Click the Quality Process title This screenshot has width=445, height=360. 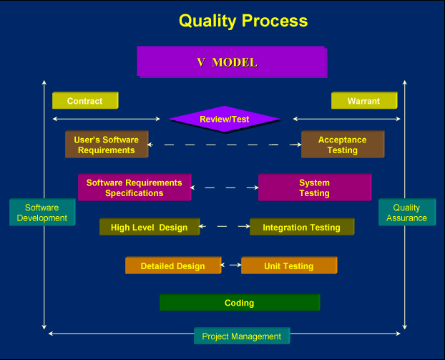pyautogui.click(x=243, y=21)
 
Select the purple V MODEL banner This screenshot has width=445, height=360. pyautogui.click(x=232, y=62)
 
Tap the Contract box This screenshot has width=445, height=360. pyautogui.click(x=85, y=100)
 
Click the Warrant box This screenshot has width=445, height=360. pyautogui.click(x=364, y=100)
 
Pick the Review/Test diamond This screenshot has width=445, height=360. pyautogui.click(x=225, y=119)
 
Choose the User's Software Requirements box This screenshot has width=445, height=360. pyautogui.click(x=107, y=145)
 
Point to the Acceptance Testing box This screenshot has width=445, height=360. pyautogui.click(x=343, y=145)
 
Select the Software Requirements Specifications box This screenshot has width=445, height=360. pyautogui.click(x=135, y=188)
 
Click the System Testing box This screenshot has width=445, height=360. pyautogui.click(x=315, y=188)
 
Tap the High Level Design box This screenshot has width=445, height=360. pyautogui.click(x=150, y=227)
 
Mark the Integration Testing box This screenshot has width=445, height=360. pyautogui.click(x=302, y=227)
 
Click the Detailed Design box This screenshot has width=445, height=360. pyautogui.click(x=173, y=266)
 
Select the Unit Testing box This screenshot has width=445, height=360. pyautogui.click(x=289, y=266)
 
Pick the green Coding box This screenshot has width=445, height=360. pyautogui.click(x=240, y=302)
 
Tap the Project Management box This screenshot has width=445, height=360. pyautogui.click(x=242, y=336)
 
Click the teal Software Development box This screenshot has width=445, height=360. pyautogui.click(x=42, y=213)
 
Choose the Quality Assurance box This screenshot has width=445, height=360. pyautogui.click(x=407, y=213)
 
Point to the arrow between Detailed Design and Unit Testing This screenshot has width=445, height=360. pyautogui.click(x=231, y=265)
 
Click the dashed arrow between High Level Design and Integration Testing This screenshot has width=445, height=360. pyautogui.click(x=225, y=226)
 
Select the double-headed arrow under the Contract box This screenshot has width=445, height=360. pyautogui.click(x=107, y=119)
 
